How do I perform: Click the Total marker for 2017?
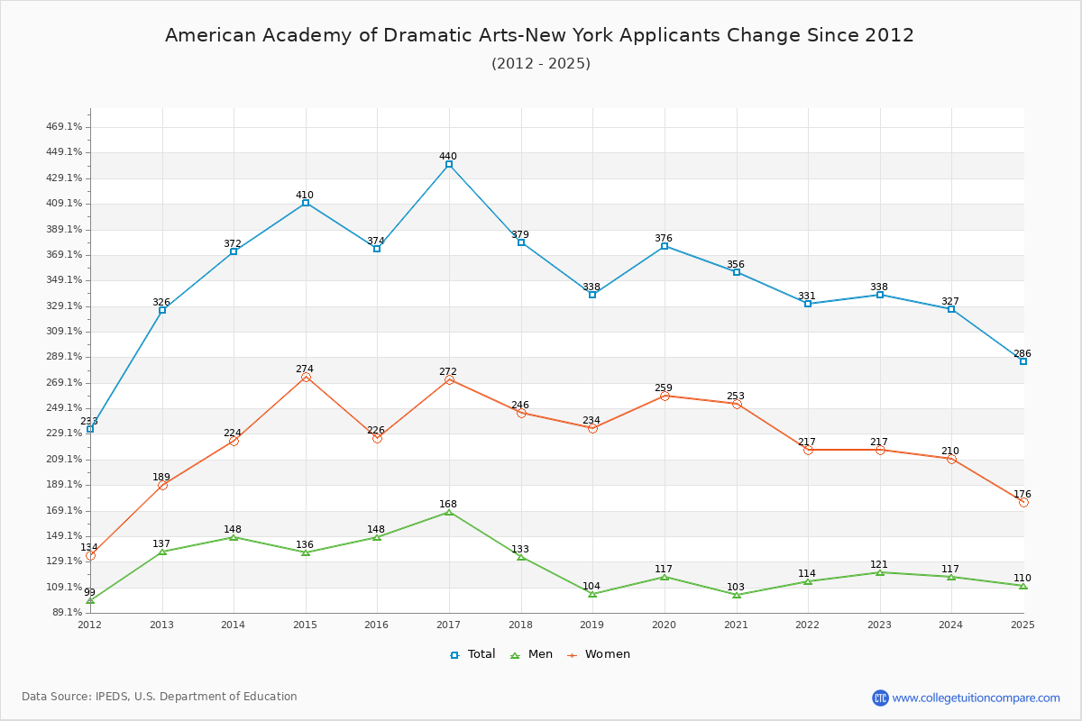[x=449, y=165]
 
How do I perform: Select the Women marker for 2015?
[x=306, y=377]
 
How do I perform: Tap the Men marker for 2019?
[x=592, y=594]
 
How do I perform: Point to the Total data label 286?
[x=1022, y=353]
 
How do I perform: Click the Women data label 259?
[x=664, y=388]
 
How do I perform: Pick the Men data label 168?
[x=448, y=504]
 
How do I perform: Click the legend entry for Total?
[x=472, y=654]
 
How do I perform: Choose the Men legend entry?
[x=532, y=654]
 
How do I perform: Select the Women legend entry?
[x=599, y=654]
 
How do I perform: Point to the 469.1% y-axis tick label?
[x=64, y=126]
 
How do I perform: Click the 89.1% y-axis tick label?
[x=66, y=612]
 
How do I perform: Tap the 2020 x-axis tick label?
[x=664, y=625]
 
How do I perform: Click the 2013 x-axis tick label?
[x=161, y=625]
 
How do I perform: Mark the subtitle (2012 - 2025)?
[x=541, y=64]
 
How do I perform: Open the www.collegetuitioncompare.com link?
[x=976, y=698]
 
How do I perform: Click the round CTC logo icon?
[x=880, y=698]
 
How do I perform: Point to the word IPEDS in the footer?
[x=112, y=697]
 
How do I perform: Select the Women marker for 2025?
[x=1023, y=503]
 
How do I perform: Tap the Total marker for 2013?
[x=162, y=310]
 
